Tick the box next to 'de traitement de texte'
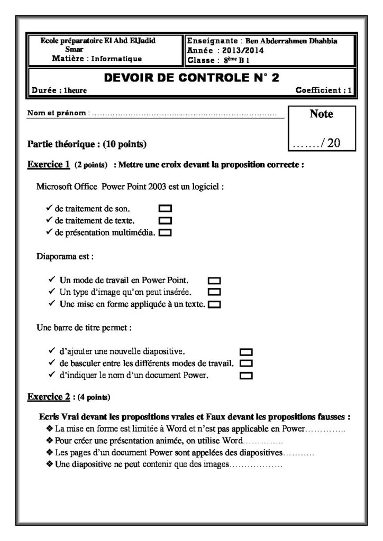(x=166, y=220)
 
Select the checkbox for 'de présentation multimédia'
(x=166, y=232)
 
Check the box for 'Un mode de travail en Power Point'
(x=215, y=280)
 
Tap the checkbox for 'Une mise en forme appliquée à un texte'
(x=215, y=304)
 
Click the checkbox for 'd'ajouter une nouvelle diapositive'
(x=247, y=352)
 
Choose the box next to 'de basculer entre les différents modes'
(x=247, y=363)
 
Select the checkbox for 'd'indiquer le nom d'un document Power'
(x=247, y=376)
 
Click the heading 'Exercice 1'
(x=49, y=164)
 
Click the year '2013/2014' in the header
(x=245, y=51)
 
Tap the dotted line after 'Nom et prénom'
(x=185, y=114)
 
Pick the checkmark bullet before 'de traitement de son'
(x=49, y=208)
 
